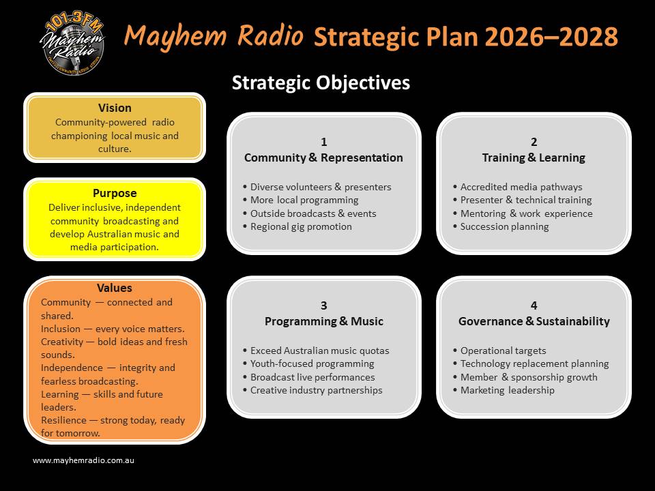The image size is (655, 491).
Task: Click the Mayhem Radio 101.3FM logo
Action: [72, 44]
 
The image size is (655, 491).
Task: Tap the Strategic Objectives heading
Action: [321, 83]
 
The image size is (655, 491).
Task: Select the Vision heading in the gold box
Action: [115, 108]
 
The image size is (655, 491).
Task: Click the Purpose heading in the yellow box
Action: [115, 193]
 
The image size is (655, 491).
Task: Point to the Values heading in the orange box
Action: [115, 288]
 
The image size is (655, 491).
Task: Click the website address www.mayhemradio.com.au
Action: [83, 460]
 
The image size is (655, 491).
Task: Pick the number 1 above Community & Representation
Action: [323, 142]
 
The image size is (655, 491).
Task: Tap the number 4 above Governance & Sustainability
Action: [534, 306]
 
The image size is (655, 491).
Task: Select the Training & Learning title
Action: [534, 158]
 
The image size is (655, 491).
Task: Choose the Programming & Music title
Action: [323, 321]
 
